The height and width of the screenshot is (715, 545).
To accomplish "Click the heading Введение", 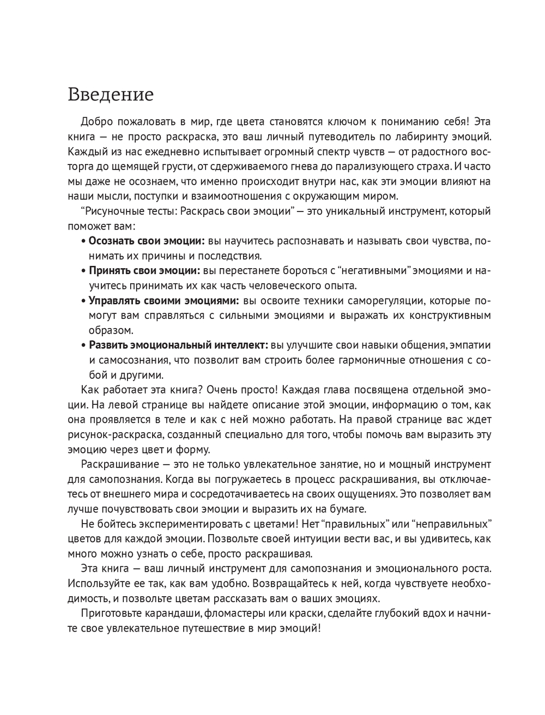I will [111, 95].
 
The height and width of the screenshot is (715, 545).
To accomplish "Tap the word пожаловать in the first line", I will [144, 121].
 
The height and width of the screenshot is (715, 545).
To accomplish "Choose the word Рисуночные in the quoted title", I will [112, 211].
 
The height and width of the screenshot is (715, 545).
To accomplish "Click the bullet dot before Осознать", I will [83, 241].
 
